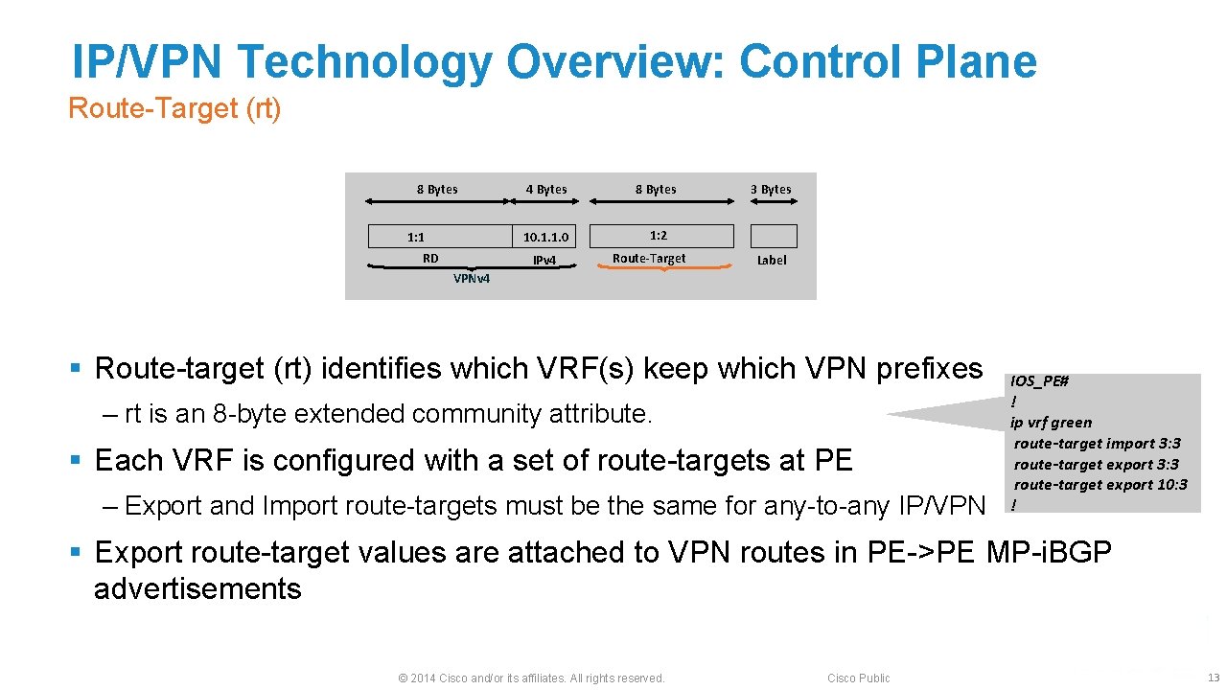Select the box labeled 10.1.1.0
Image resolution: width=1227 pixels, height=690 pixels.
point(545,237)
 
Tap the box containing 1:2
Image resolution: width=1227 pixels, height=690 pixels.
point(660,236)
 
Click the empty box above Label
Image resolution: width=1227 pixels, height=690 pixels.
point(773,236)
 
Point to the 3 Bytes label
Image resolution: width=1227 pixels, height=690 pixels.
point(771,190)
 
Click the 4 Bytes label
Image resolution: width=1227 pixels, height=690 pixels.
point(546,190)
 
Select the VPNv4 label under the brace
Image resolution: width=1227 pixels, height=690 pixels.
point(472,279)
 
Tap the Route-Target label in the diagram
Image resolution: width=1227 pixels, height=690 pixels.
point(649,259)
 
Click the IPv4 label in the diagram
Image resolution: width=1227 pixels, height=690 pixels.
point(544,261)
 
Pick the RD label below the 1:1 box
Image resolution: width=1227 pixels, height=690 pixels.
point(430,259)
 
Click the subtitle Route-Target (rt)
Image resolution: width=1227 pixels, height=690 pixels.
point(174,109)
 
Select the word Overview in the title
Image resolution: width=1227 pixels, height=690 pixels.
point(613,62)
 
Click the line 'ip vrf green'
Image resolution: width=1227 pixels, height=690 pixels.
point(1051,423)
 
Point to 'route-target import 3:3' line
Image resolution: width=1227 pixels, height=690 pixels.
point(1097,444)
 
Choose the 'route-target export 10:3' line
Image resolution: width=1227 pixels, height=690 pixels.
point(1100,485)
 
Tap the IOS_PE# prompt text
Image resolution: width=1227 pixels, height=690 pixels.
point(1039,381)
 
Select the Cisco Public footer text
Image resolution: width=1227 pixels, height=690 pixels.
point(858,678)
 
